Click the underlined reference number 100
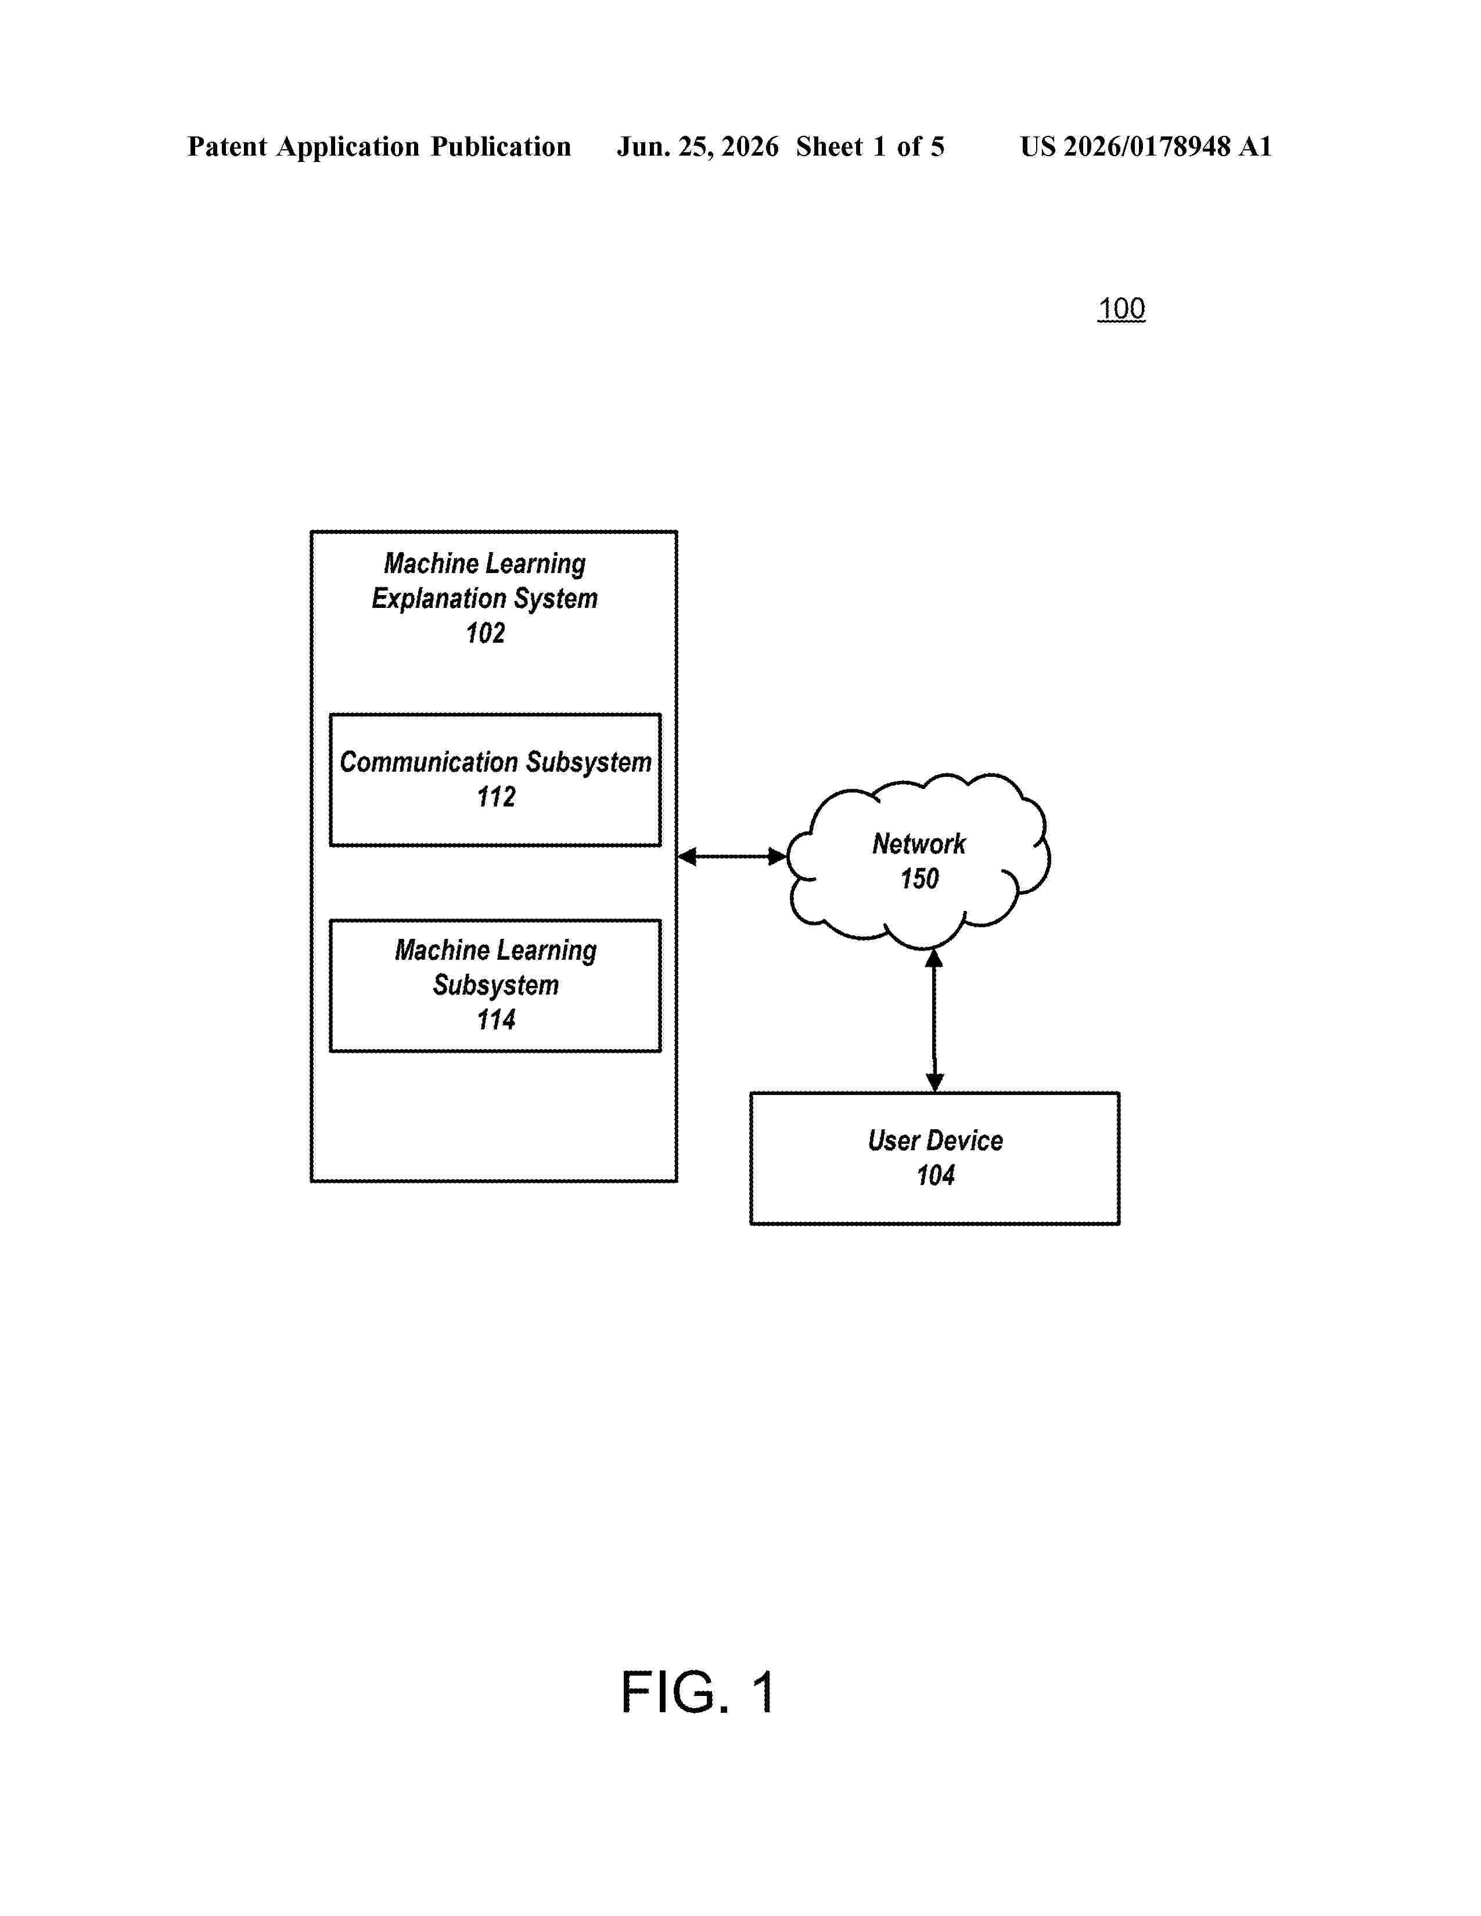1121,309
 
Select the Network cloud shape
918,860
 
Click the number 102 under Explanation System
485,633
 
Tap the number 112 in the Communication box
496,797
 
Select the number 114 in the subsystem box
496,1020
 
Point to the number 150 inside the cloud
919,878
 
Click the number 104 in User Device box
935,1175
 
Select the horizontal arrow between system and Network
732,856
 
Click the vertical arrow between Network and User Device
934,1020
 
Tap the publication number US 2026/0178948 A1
1146,146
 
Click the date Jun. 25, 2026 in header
698,146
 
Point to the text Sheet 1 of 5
871,146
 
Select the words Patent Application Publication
379,146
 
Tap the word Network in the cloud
919,844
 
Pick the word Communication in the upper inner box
429,762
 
